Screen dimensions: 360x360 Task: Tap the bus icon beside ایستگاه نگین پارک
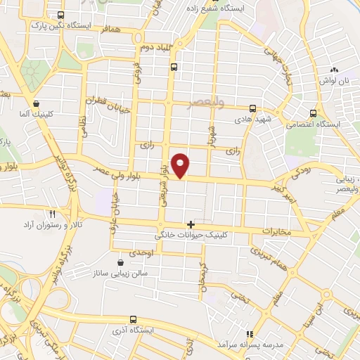point(60,15)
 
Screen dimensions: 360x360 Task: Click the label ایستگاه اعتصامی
point(314,124)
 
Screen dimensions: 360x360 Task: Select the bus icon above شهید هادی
point(254,108)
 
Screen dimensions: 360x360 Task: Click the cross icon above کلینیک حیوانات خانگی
point(191,224)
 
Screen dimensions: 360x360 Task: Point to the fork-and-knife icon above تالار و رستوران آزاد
point(51,213)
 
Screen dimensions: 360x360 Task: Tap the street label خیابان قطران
point(104,101)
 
